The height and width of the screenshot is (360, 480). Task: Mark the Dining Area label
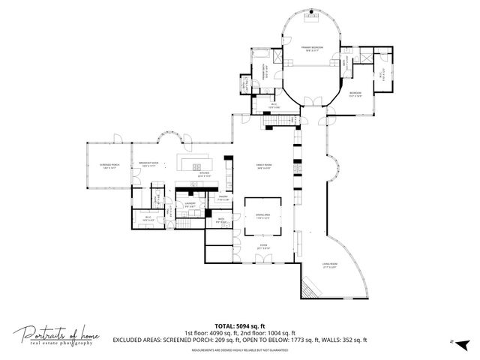pos(264,216)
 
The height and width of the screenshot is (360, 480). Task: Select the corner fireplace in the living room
pos(308,284)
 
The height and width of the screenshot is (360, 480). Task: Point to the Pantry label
pos(223,199)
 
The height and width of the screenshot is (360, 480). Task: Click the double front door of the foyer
pos(264,259)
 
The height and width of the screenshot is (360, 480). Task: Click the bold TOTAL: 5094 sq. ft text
pos(240,326)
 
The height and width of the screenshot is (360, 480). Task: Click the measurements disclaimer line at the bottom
pos(240,350)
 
